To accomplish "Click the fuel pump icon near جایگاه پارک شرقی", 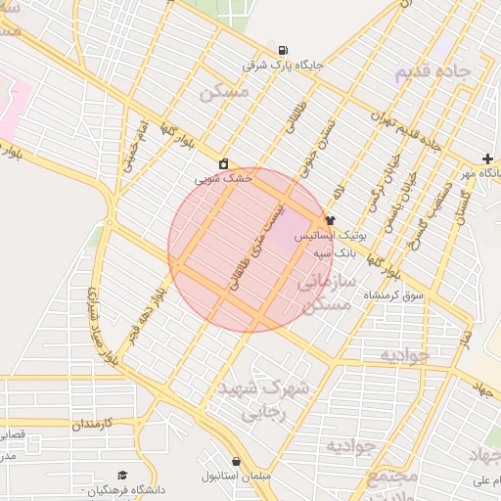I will pos(283,51).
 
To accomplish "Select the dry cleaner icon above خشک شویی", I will pos(224,163).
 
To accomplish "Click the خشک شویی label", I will pos(224,178).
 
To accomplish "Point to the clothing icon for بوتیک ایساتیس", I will pos(330,221).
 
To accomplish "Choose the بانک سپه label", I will pos(335,251).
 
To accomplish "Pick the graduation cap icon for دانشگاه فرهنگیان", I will pos(122,475).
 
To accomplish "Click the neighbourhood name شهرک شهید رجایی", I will pos(263,399).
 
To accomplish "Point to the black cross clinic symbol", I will pos(487,159).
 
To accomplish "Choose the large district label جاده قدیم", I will pos(433,72).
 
